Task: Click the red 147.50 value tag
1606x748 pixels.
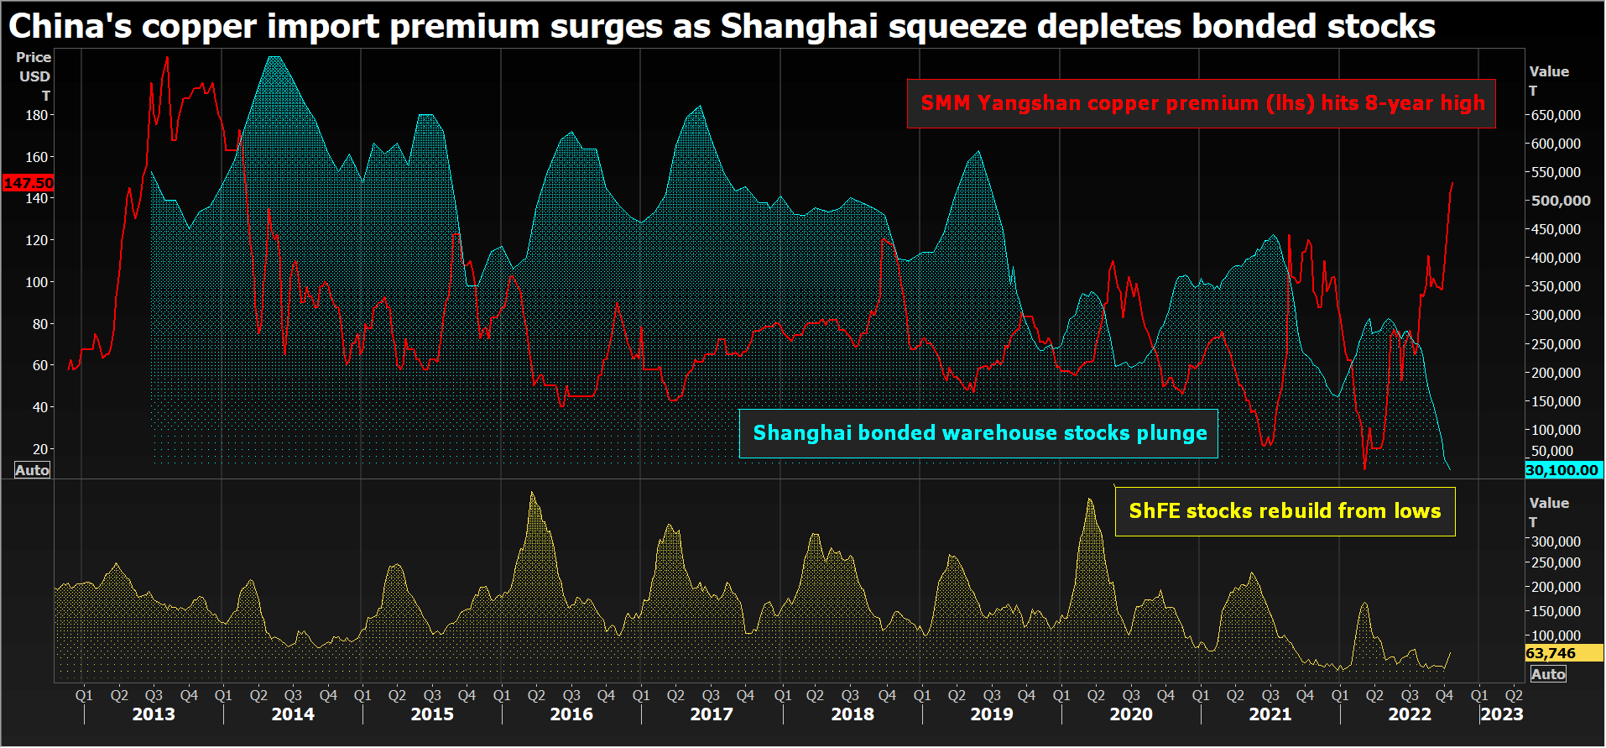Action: tap(29, 182)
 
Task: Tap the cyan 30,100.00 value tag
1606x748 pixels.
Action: tap(1562, 470)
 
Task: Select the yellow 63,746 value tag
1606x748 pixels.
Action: tap(1551, 653)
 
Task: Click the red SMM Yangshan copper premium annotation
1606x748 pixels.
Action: tap(1202, 103)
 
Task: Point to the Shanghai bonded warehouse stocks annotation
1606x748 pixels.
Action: tap(978, 433)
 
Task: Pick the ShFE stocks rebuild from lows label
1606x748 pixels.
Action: tap(1285, 511)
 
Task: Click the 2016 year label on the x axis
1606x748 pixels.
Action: tap(571, 714)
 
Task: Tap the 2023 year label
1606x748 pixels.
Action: tap(1501, 714)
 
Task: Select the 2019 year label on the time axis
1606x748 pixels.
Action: tap(992, 714)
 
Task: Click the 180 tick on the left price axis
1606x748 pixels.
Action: tap(37, 115)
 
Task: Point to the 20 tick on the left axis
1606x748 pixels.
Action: tap(40, 449)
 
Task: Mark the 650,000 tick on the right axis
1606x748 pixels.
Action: tap(1556, 115)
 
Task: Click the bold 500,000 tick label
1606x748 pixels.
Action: tap(1561, 201)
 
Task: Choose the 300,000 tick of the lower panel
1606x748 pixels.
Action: tap(1556, 541)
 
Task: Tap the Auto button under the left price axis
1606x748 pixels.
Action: tap(33, 470)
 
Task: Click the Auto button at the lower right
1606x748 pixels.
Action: tap(1548, 674)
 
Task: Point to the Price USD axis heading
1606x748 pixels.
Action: tap(34, 66)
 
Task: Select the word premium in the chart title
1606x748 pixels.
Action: tap(465, 27)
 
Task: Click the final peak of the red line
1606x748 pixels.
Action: tap(1452, 183)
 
